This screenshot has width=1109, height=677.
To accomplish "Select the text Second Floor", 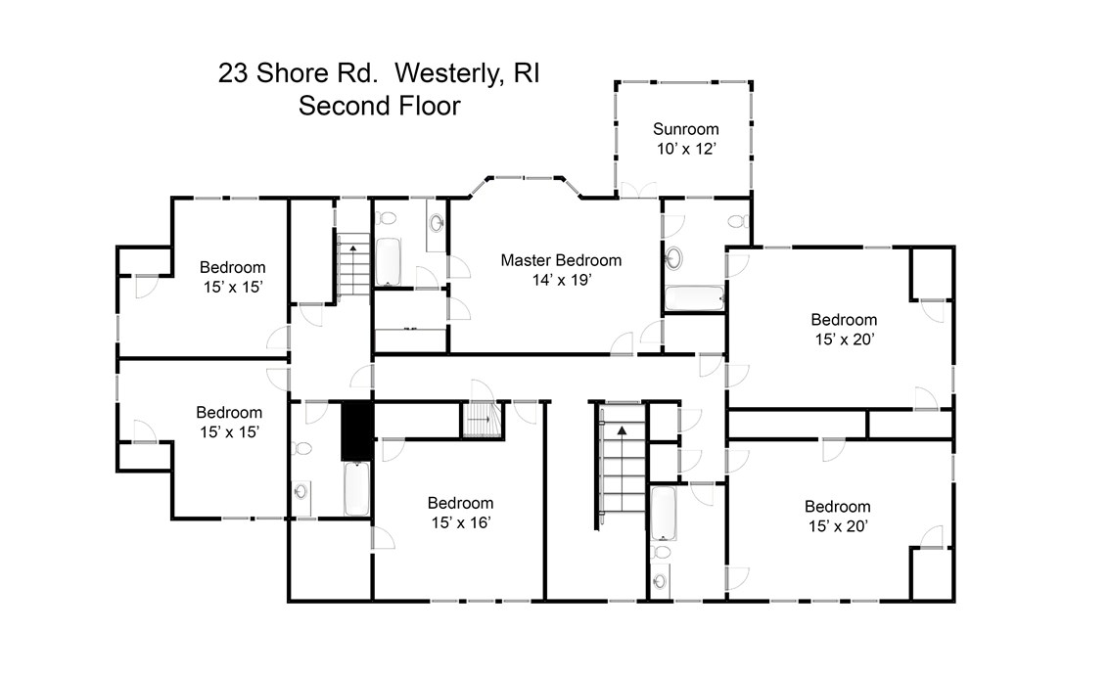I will (x=379, y=106).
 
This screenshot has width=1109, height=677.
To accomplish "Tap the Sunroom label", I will (x=686, y=129).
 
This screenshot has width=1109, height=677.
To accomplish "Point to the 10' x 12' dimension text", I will (x=686, y=149).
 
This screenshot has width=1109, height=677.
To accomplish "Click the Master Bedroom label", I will (x=561, y=260).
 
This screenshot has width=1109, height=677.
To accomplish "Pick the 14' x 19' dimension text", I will (x=561, y=280).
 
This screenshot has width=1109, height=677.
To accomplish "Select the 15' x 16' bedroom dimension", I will (x=460, y=522).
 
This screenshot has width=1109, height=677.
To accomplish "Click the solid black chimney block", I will (x=356, y=430).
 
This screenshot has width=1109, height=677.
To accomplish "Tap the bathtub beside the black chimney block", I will (x=356, y=489).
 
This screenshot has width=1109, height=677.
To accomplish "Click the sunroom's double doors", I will (x=637, y=191).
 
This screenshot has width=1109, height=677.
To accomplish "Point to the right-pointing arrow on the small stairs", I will (x=481, y=419).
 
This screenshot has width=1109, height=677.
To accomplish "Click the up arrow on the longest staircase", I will (x=621, y=429).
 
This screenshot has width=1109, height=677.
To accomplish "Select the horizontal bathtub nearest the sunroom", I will (x=693, y=297).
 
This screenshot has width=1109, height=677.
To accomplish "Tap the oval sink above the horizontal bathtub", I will (x=675, y=259).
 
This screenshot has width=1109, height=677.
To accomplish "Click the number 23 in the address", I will (x=232, y=73).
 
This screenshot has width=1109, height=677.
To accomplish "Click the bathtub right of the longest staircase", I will (x=664, y=514).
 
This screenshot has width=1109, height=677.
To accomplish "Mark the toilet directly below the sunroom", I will (x=741, y=222).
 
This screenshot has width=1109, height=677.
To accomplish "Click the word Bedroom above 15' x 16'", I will (x=460, y=503).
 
